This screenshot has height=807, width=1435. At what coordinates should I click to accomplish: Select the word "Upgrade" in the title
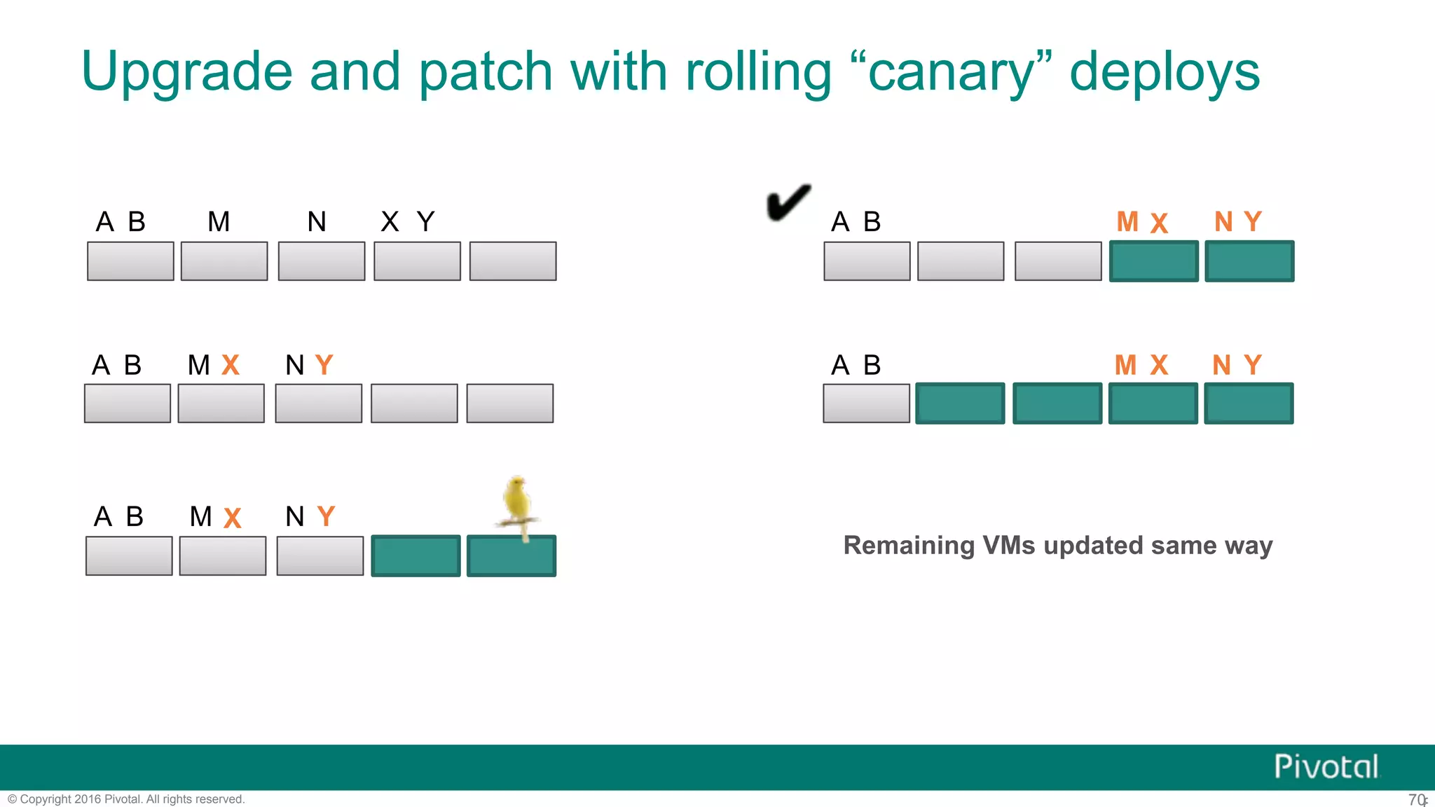click(x=186, y=72)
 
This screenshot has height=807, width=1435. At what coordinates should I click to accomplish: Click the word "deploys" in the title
click(x=1164, y=72)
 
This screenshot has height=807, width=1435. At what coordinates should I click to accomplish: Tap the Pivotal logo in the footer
click(x=1326, y=766)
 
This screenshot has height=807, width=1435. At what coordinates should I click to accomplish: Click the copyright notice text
click(x=126, y=799)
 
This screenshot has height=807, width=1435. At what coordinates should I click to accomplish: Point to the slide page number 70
click(x=1416, y=799)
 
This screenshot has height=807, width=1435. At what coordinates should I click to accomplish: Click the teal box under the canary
click(x=511, y=556)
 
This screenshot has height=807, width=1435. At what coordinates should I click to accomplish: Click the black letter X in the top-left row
click(x=390, y=222)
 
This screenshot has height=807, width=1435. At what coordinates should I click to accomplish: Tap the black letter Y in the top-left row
click(x=425, y=222)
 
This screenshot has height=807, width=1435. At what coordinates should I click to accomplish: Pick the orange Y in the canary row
click(x=326, y=517)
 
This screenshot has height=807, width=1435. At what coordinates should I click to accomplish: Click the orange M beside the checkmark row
click(x=1127, y=222)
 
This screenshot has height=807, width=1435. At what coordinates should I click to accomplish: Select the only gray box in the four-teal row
click(x=866, y=403)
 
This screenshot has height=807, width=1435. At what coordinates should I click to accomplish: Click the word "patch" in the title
click(x=486, y=72)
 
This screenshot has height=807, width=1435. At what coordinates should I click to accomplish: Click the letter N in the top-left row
click(x=317, y=222)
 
